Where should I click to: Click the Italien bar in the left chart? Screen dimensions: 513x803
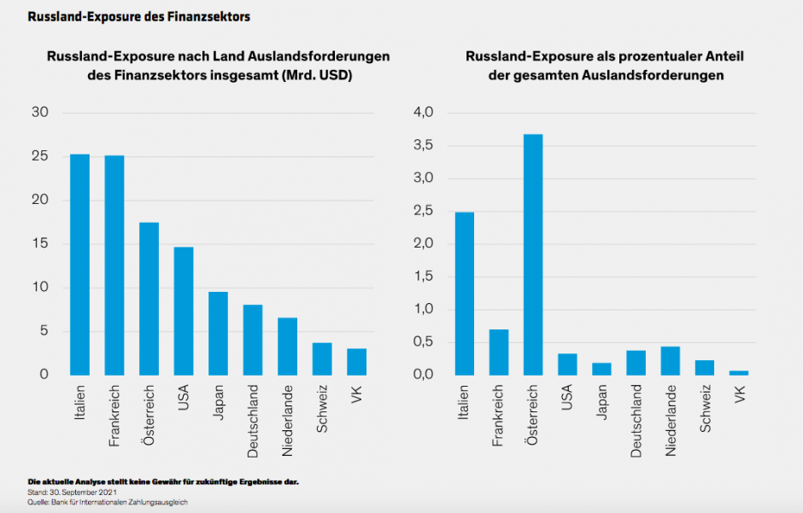(x=79, y=265)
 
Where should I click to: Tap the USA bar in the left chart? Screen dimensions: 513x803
(x=184, y=311)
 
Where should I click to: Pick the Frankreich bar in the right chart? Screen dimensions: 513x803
(x=499, y=352)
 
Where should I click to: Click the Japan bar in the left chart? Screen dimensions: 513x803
(x=218, y=333)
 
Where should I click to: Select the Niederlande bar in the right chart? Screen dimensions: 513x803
(x=670, y=360)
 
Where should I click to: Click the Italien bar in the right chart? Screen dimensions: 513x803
(x=465, y=294)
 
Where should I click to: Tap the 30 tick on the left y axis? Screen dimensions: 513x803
(x=39, y=113)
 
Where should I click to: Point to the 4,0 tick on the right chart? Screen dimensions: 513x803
(x=424, y=113)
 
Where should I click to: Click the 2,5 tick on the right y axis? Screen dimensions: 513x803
(x=424, y=211)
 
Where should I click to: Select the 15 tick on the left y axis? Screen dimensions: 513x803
(x=39, y=244)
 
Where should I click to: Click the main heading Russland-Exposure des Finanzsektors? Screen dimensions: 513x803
(x=139, y=16)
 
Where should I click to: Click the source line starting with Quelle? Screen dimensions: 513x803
(x=107, y=503)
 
